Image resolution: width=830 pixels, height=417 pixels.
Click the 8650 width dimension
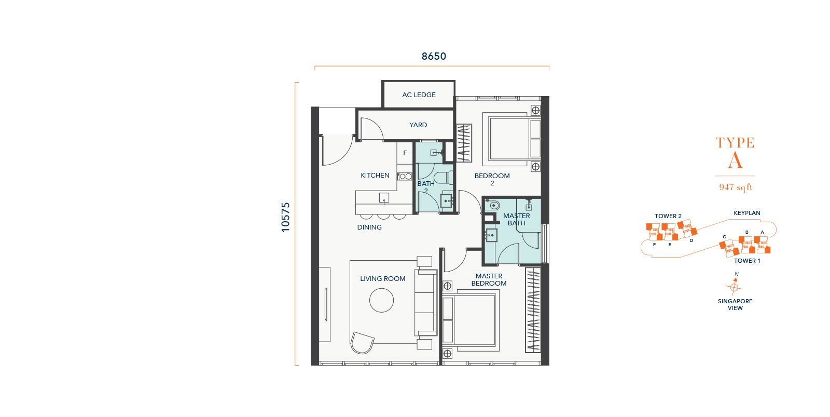(434, 57)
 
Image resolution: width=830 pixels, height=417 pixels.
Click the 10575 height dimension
(286, 218)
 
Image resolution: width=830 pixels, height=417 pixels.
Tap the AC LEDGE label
(419, 95)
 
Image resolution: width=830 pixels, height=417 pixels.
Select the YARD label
(418, 125)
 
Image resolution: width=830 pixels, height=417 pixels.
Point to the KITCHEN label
(375, 176)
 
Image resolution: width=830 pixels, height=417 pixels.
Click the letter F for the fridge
(405, 153)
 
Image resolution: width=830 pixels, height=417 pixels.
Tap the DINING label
(369, 227)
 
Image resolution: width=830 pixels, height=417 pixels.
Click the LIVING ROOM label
(383, 279)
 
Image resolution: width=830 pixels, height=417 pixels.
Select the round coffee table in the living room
(381, 300)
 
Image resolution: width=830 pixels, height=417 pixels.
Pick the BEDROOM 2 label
(492, 179)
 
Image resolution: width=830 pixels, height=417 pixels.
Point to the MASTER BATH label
(517, 219)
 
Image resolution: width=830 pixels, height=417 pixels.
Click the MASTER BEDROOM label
(489, 280)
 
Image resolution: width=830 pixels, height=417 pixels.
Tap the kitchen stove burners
(405, 177)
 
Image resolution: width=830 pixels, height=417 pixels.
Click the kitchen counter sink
(384, 198)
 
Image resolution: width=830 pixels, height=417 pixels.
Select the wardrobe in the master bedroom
(533, 310)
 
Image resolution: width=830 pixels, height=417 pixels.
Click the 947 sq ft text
(736, 187)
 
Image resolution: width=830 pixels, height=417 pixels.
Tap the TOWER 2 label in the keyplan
(668, 217)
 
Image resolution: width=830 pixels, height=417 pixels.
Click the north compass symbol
(734, 285)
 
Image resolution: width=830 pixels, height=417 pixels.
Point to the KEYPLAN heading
(746, 213)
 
